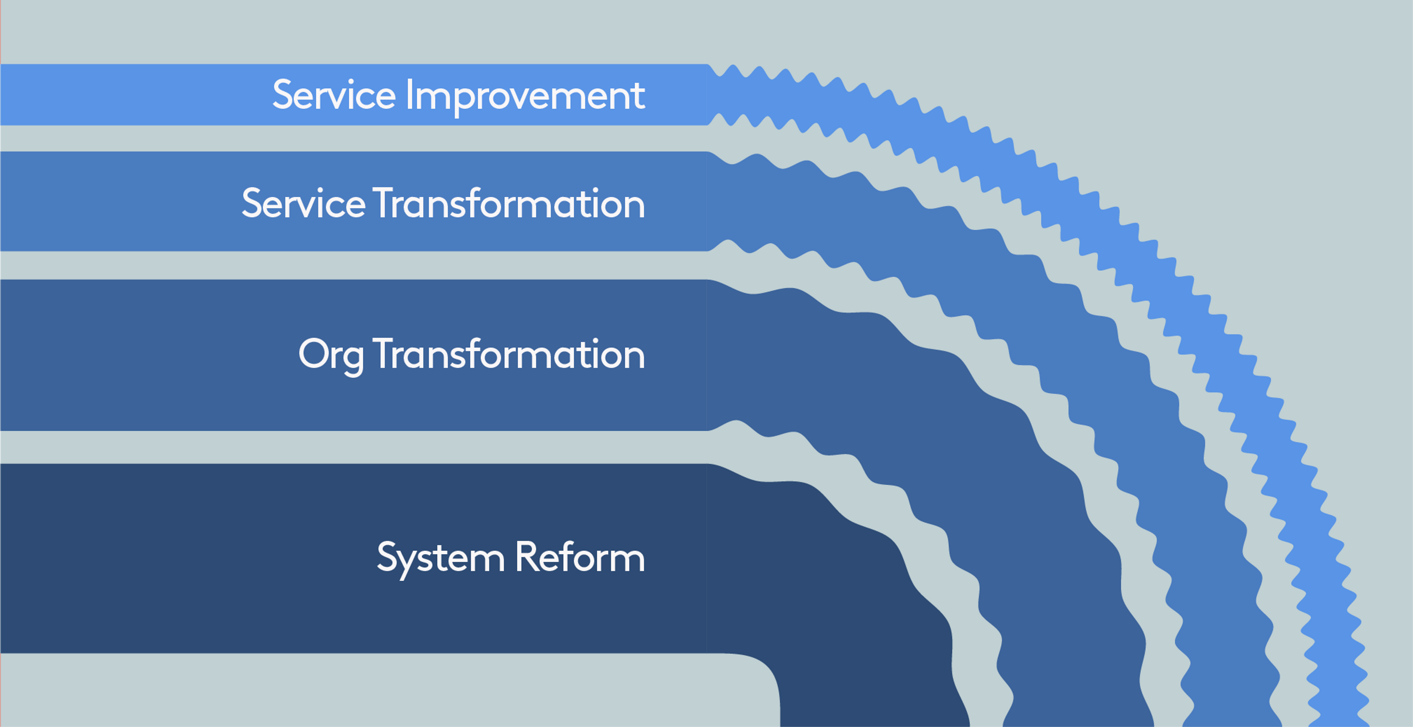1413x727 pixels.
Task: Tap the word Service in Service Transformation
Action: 303,203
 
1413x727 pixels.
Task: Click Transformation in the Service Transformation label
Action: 509,203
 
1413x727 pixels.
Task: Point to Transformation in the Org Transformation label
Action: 509,354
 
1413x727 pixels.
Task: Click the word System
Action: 440,558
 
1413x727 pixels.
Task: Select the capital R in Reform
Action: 525,557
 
